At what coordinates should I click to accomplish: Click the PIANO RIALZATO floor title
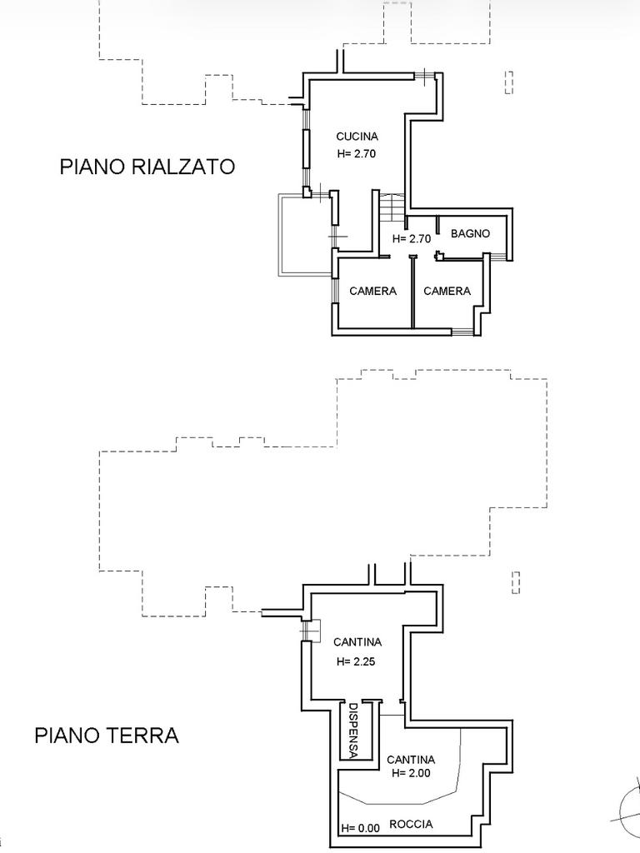pyautogui.click(x=147, y=167)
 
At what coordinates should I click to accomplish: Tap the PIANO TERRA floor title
pyautogui.click(x=107, y=736)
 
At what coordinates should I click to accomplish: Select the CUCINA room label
pyautogui.click(x=357, y=137)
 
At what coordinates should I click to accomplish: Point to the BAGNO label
pyautogui.click(x=470, y=234)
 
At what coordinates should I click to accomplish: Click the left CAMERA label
pyautogui.click(x=372, y=292)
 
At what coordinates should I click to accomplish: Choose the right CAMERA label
pyautogui.click(x=447, y=292)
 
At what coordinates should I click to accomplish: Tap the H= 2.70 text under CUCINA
pyautogui.click(x=357, y=154)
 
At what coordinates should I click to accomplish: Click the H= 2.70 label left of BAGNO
pyautogui.click(x=412, y=239)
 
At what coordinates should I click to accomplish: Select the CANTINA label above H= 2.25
pyautogui.click(x=357, y=642)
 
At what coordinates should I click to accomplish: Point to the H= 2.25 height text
pyautogui.click(x=357, y=662)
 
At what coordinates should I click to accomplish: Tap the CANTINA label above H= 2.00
pyautogui.click(x=411, y=760)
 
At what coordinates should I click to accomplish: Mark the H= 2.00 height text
pyautogui.click(x=411, y=774)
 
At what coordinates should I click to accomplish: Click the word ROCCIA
pyautogui.click(x=411, y=824)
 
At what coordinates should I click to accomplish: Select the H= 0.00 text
pyautogui.click(x=360, y=828)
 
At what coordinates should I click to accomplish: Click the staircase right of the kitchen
pyautogui.click(x=391, y=207)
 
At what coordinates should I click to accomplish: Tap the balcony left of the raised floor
pyautogui.click(x=303, y=235)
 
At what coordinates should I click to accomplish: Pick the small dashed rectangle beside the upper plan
pyautogui.click(x=509, y=82)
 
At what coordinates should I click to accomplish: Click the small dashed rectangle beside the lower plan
pyautogui.click(x=516, y=581)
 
